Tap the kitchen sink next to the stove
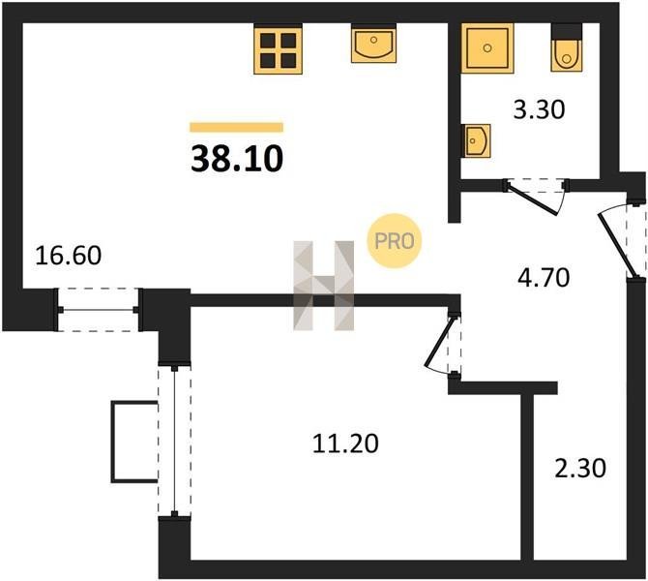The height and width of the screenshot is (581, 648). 373,44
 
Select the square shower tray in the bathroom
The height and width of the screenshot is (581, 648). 487,48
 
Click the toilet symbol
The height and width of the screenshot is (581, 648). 567,47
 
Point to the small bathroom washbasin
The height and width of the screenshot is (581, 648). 476,140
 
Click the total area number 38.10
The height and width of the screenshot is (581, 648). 237,160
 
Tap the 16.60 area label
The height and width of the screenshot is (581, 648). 69,256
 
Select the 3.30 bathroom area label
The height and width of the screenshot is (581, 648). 539,110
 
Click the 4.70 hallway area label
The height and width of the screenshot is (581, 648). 544,278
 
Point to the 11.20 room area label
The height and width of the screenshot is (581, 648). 345,443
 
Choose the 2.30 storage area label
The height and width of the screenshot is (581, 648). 580,469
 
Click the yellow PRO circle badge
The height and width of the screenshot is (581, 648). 395,241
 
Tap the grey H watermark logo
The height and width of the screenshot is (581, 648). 324,286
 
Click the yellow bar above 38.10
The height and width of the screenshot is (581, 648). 236,127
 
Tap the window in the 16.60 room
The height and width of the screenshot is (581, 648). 99,310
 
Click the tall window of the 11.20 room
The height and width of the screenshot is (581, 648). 174,442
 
